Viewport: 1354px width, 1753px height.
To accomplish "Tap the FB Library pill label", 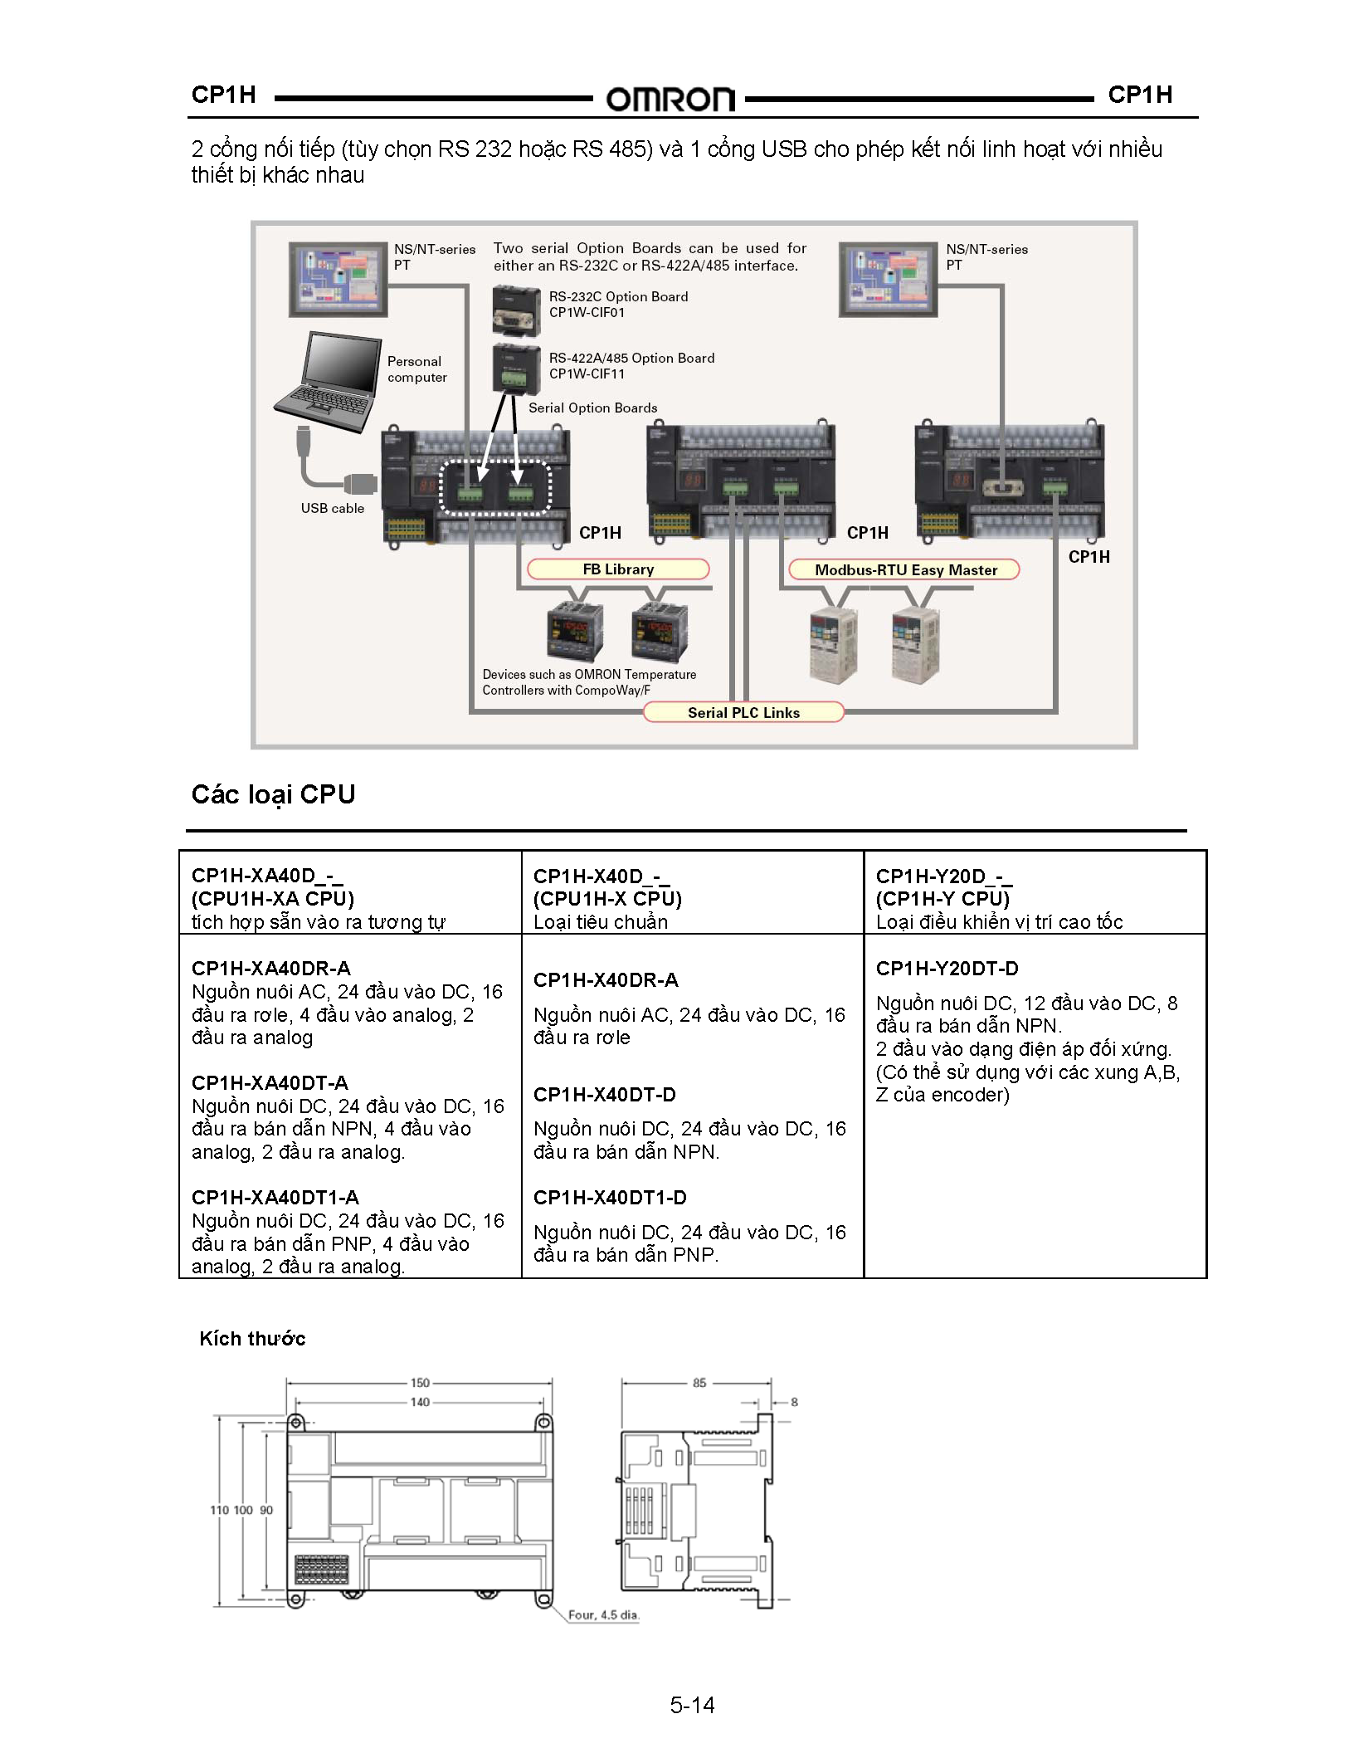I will [618, 569].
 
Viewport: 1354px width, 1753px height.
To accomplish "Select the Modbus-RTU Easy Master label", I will [905, 570].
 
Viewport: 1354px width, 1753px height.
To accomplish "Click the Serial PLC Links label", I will [743, 713].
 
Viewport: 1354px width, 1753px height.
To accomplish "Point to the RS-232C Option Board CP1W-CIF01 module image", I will [516, 310].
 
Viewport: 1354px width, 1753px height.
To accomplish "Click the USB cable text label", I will [332, 508].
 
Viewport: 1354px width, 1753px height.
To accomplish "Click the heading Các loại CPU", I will [273, 794].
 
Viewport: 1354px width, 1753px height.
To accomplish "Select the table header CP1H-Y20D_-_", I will [943, 876].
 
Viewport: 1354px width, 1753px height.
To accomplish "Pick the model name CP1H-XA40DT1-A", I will [275, 1198].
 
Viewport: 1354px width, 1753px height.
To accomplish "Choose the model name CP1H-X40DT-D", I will [604, 1095].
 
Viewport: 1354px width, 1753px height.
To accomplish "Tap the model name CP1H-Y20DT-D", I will [947, 969].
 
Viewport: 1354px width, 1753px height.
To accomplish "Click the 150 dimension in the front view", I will [420, 1383].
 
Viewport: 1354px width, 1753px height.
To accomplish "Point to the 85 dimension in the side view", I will [699, 1383].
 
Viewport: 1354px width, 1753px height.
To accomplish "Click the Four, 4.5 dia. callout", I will [603, 1615].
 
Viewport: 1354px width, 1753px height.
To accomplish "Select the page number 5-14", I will [692, 1705].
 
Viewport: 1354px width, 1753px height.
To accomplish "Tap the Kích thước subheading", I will [252, 1339].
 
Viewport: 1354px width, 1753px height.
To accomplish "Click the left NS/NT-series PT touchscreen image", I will [338, 279].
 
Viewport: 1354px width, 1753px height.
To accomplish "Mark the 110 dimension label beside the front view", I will [218, 1510].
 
